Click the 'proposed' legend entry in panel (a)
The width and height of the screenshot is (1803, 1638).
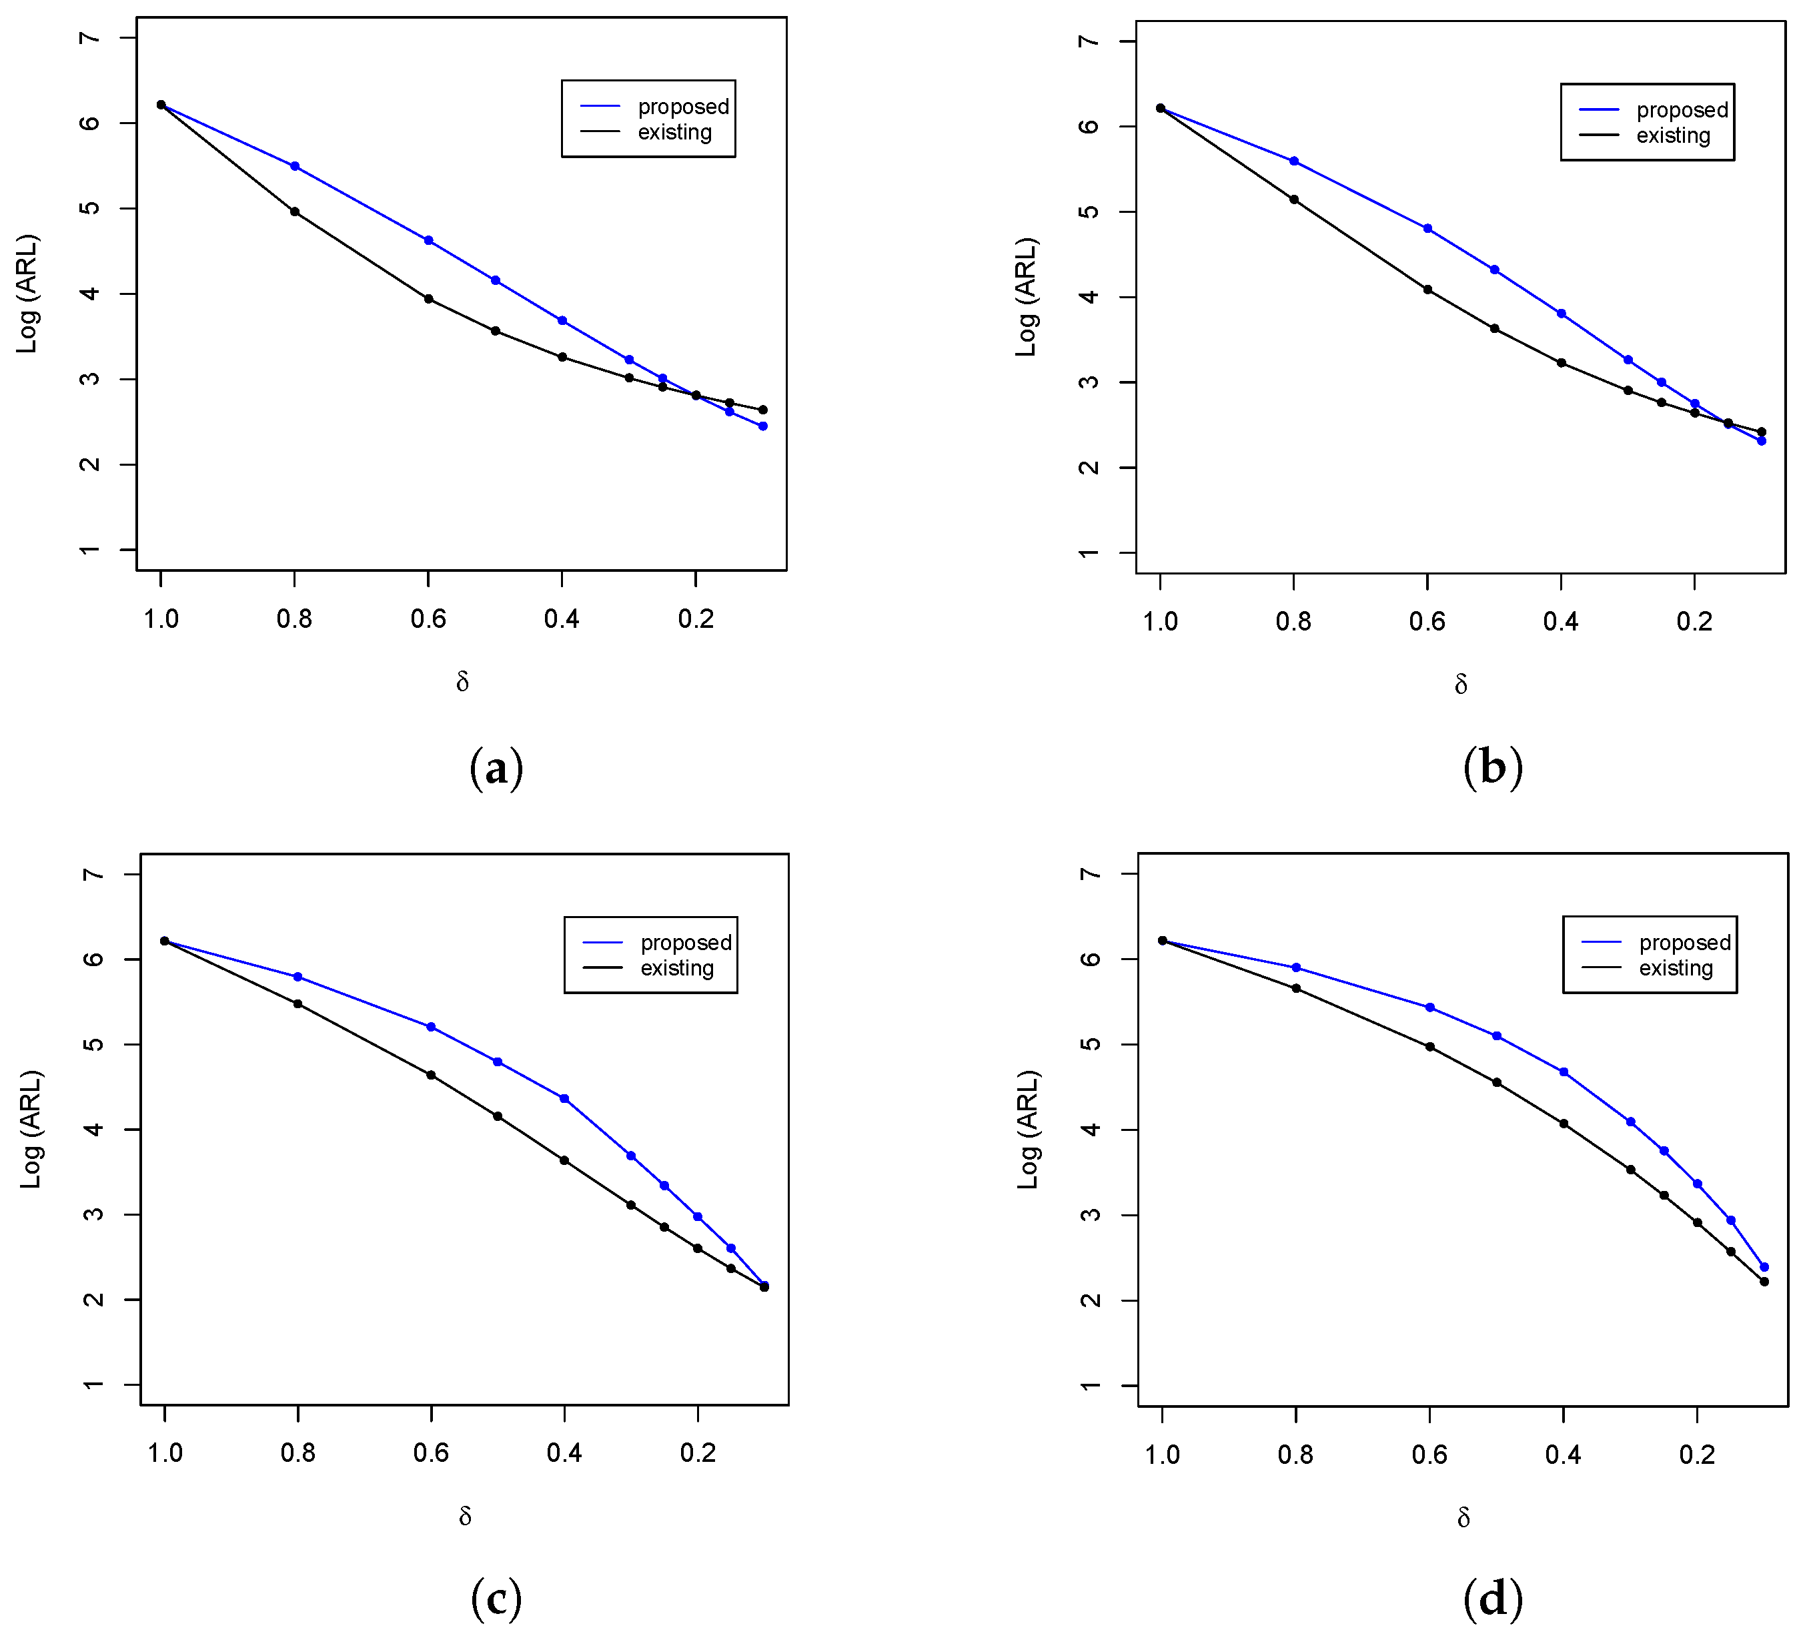(x=682, y=107)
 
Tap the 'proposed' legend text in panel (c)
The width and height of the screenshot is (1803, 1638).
(x=685, y=942)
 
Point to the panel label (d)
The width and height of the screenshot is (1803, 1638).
(x=1493, y=1598)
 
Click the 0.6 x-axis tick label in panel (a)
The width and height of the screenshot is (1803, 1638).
(x=428, y=619)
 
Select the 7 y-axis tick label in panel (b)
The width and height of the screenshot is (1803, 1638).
(x=1089, y=41)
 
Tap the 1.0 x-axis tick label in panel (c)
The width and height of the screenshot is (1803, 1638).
(x=165, y=1453)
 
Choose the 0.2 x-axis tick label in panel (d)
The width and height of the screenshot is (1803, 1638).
(x=1696, y=1455)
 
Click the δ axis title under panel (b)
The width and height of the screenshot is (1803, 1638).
(x=1460, y=685)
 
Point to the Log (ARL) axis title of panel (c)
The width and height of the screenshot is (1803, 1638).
(x=31, y=1129)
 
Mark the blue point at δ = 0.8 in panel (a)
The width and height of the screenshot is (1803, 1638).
(x=294, y=166)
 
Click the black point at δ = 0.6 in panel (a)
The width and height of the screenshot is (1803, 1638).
(x=428, y=299)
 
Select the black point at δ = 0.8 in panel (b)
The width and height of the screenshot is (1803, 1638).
(x=1293, y=199)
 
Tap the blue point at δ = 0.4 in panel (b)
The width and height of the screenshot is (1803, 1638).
(x=1562, y=313)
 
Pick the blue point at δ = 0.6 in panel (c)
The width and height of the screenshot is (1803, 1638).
(x=431, y=1027)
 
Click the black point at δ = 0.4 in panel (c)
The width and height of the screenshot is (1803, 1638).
(x=564, y=1160)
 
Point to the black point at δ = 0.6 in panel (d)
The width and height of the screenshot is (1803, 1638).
(x=1430, y=1047)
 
